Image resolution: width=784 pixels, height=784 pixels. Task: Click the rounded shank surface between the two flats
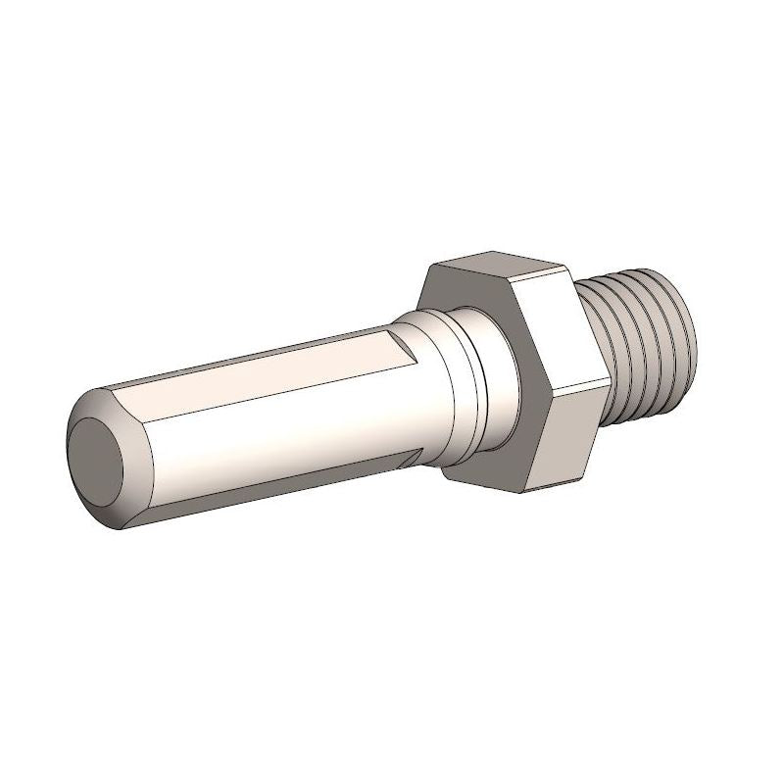tap(284, 421)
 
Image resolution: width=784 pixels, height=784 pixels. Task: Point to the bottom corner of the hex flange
tap(535, 485)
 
